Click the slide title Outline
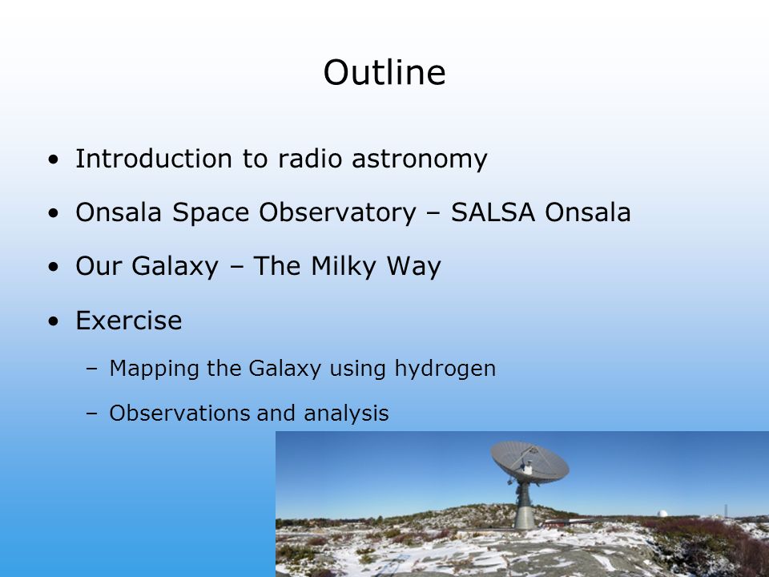384,72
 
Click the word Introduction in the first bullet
154,159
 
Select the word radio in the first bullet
310,159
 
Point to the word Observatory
337,213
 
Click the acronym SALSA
493,212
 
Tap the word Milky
344,267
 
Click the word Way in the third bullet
413,267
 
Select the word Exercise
128,321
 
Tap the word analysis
346,414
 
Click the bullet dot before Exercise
54,321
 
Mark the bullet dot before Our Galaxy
54,267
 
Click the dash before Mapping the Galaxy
91,368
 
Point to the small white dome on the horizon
662,513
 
